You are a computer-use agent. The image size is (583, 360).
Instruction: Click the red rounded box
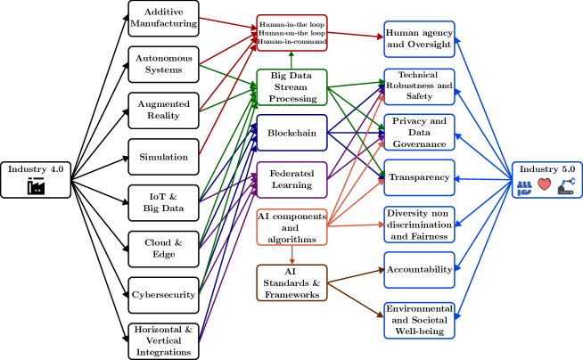coord(291,33)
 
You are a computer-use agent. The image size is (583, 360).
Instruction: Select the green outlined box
coord(291,87)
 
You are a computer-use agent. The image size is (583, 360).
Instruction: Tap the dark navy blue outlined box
coord(291,133)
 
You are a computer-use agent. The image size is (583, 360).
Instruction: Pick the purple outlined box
coord(291,180)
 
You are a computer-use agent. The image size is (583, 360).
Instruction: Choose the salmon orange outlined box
coord(291,227)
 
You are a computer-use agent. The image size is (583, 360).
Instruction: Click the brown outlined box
coord(291,282)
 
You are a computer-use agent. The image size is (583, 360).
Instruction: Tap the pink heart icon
coord(544,184)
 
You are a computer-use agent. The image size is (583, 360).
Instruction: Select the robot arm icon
coord(566,185)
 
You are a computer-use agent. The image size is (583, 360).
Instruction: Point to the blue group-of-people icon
coord(524,187)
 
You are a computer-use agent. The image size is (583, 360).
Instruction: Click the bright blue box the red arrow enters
coord(419,39)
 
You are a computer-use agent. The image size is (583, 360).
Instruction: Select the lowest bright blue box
coord(419,321)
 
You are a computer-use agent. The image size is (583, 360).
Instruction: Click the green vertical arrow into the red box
coord(291,61)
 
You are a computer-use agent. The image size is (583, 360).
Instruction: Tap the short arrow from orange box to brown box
coord(291,255)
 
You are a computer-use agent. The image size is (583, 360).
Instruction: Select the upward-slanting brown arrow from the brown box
coord(356,276)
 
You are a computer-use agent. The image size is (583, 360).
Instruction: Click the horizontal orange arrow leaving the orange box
coord(356,225)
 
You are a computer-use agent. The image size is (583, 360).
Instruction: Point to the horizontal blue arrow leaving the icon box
coord(482,179)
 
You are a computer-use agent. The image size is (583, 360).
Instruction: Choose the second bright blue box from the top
coord(419,86)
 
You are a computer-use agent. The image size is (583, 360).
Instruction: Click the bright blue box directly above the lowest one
coord(419,270)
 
